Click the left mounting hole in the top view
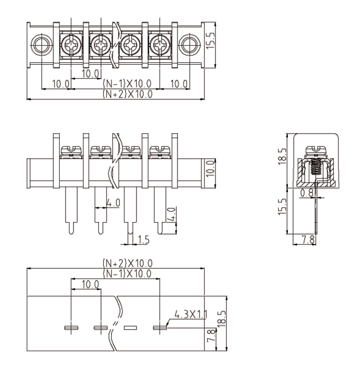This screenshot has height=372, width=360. (x=41, y=44)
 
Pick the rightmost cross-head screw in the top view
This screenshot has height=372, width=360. (x=158, y=44)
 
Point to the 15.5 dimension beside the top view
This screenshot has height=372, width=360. (x=213, y=43)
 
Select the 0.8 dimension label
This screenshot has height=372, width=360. (x=307, y=193)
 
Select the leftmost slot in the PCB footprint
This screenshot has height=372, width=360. (x=70, y=327)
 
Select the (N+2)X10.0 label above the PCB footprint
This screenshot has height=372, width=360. (x=127, y=263)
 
